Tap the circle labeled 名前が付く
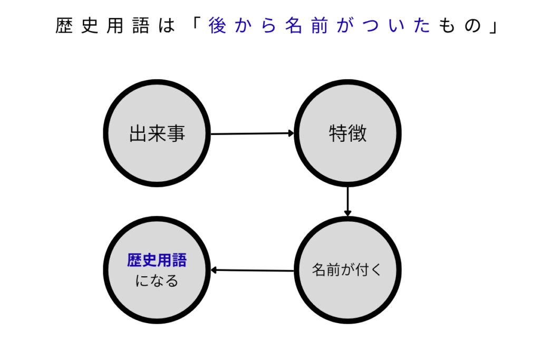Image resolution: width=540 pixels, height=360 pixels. point(348,270)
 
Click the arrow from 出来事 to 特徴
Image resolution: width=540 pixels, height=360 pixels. point(252,134)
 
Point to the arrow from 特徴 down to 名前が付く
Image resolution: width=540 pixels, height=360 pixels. point(348,201)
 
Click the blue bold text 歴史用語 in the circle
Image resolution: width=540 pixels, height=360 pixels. point(157,260)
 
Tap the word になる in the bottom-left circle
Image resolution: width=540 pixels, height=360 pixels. point(157,281)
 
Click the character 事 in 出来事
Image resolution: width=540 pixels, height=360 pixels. point(176,134)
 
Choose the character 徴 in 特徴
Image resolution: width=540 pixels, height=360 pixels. point(358,134)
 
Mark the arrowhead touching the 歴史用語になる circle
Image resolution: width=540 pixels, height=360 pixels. point(214,270)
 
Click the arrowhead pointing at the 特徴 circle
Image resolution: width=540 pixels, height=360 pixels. point(291,133)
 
